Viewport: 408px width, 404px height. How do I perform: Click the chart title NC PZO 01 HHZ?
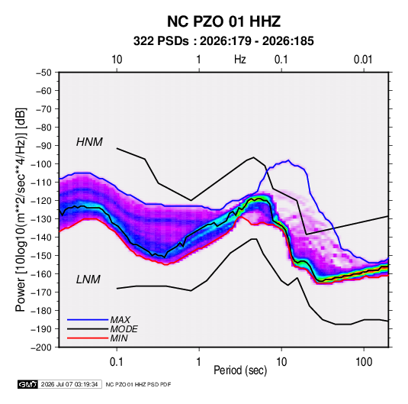223,21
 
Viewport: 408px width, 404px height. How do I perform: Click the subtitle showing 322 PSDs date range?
223,41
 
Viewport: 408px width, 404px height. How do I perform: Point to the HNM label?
89,142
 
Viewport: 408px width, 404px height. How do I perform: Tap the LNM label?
88,280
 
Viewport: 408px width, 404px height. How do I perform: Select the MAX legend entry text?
120,319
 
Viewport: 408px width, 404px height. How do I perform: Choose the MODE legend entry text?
124,329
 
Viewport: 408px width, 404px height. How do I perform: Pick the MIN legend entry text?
119,338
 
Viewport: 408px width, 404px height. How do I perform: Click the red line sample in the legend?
88,338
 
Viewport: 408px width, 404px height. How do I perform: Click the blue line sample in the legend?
88,319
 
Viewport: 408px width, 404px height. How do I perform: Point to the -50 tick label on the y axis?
43,73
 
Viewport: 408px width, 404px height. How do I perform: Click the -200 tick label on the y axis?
41,347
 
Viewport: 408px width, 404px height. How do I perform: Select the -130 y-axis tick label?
41,219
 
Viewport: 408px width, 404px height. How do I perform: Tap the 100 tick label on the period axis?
364,361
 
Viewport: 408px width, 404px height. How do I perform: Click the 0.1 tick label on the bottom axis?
117,361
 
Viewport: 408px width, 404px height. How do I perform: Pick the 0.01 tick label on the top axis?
363,60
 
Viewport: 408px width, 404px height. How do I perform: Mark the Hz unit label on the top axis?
240,60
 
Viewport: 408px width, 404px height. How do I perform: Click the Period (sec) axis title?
240,370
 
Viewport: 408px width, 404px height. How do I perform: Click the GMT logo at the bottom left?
28,384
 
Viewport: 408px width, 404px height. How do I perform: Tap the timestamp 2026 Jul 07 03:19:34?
69,384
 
